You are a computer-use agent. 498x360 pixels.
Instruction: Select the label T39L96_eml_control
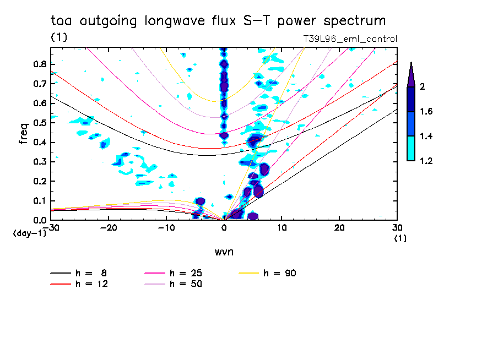[350, 39]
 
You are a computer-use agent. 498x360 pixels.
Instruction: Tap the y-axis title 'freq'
[24, 134]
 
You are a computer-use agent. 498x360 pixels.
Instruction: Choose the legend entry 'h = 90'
[280, 272]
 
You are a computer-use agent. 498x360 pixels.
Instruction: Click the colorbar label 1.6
[427, 112]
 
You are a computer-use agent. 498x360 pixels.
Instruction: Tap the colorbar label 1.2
[427, 161]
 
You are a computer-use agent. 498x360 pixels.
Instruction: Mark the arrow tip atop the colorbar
[411, 64]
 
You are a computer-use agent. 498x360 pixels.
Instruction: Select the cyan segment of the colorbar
[411, 148]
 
